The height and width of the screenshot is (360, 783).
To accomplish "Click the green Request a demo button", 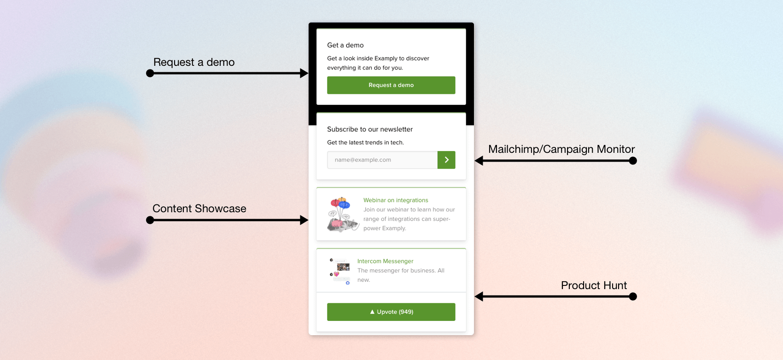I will click(x=391, y=85).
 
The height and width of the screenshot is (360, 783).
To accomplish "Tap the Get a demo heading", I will click(x=345, y=45).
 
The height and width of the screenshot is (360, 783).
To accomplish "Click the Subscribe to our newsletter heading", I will click(x=370, y=129).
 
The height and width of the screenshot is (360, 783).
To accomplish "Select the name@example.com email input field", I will click(x=382, y=160).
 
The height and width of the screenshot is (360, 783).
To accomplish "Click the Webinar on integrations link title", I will click(x=396, y=200).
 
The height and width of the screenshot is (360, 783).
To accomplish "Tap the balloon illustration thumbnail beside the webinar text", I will click(x=342, y=214).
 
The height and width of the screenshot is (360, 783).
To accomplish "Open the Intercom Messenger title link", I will click(x=385, y=261).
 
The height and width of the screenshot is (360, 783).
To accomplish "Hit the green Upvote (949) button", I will click(x=391, y=312).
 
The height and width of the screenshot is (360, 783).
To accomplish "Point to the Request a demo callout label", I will click(x=194, y=62).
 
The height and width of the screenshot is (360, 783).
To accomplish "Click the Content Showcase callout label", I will click(x=199, y=209).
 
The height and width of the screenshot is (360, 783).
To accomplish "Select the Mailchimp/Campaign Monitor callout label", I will click(x=561, y=149).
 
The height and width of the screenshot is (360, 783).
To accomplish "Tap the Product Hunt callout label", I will click(x=594, y=285).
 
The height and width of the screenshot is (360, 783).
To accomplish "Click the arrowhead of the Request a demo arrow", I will click(x=304, y=73).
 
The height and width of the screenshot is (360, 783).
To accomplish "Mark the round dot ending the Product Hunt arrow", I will click(x=633, y=296).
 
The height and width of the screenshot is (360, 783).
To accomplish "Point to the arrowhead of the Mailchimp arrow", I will click(x=479, y=161).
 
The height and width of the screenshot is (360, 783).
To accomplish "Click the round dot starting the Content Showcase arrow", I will click(x=150, y=220).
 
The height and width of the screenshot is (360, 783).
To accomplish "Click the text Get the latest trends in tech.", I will click(x=365, y=143).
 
